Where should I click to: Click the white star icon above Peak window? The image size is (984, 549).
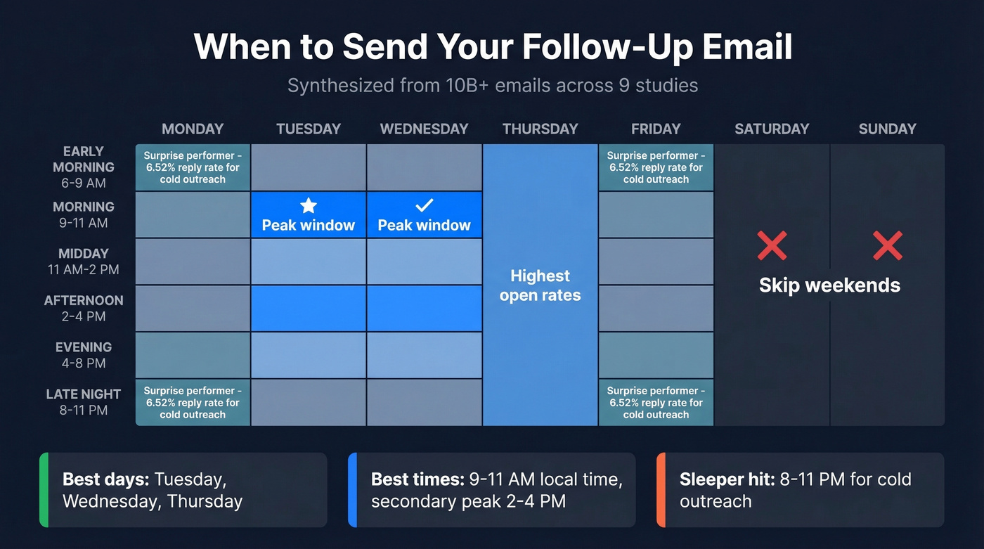pyautogui.click(x=309, y=205)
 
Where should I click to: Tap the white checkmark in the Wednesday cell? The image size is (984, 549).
pyautogui.click(x=424, y=205)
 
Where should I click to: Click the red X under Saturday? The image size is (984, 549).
pyautogui.click(x=772, y=246)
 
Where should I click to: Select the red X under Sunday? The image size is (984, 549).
pyautogui.click(x=887, y=246)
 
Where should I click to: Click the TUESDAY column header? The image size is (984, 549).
pyautogui.click(x=309, y=129)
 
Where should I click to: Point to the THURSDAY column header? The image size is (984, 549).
pyautogui.click(x=540, y=129)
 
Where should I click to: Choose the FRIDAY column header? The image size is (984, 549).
pyautogui.click(x=656, y=129)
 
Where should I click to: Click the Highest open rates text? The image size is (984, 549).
pyautogui.click(x=540, y=285)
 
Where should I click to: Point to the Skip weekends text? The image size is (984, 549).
pyautogui.click(x=829, y=285)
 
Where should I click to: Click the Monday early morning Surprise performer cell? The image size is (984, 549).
pyautogui.click(x=193, y=167)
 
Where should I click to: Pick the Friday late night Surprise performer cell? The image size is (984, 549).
pyautogui.click(x=656, y=403)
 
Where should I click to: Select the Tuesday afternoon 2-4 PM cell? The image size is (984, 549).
pyautogui.click(x=309, y=308)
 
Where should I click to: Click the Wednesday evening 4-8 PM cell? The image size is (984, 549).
pyautogui.click(x=424, y=355)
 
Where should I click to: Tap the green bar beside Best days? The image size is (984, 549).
pyautogui.click(x=44, y=490)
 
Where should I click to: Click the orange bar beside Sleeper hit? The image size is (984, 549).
pyautogui.click(x=661, y=490)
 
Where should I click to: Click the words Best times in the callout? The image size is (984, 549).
pyautogui.click(x=415, y=480)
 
